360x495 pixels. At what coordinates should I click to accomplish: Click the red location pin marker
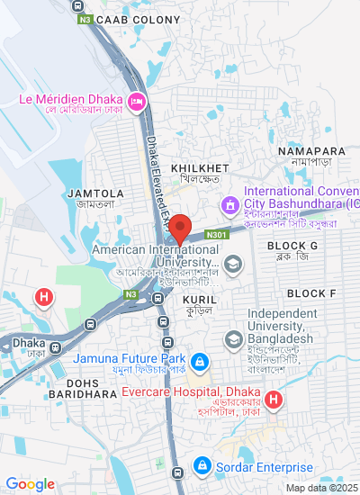click(x=179, y=229)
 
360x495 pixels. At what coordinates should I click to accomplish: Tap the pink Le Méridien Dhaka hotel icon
click(x=137, y=100)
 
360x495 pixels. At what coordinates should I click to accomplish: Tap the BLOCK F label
click(x=311, y=294)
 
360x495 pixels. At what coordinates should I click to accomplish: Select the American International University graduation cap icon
click(x=233, y=264)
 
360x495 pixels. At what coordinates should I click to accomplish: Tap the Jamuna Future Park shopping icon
click(x=200, y=364)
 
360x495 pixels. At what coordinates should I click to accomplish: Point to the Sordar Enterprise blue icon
click(x=202, y=467)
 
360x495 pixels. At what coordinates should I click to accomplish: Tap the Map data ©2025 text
click(x=321, y=488)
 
